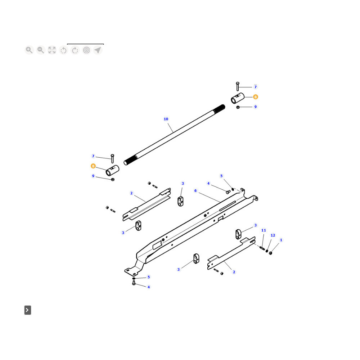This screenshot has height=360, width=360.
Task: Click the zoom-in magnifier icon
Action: (29, 50)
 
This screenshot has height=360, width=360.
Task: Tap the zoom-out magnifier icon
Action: (41, 50)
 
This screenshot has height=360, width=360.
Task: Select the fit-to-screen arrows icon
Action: (52, 50)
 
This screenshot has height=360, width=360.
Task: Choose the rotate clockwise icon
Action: (75, 50)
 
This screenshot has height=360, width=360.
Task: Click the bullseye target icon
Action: (86, 50)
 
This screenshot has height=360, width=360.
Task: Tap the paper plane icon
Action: (98, 50)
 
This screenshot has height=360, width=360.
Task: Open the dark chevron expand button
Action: (28, 310)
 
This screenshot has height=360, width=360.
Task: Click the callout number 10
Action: (166, 119)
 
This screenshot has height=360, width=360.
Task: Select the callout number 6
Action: (195, 190)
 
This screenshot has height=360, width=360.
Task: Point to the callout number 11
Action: (264, 230)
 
